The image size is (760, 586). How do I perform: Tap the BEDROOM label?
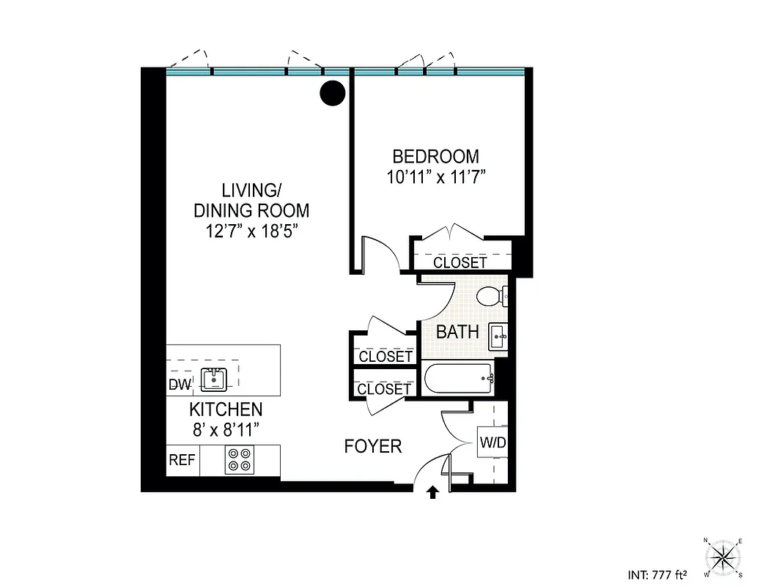(x=436, y=157)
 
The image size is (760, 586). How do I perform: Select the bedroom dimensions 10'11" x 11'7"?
(x=436, y=177)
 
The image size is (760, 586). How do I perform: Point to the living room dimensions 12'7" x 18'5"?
(x=251, y=231)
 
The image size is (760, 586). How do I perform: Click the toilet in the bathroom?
(x=490, y=297)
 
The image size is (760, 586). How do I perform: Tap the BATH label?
(x=457, y=332)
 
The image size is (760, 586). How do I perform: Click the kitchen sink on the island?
(x=215, y=379)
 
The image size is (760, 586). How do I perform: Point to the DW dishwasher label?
(x=180, y=385)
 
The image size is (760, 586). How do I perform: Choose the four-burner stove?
(x=237, y=459)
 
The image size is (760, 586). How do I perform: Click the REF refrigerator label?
(x=182, y=460)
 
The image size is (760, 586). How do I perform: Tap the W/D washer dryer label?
(x=493, y=443)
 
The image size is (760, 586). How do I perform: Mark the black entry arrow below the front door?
(x=432, y=492)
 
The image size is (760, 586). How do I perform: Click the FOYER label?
(x=373, y=446)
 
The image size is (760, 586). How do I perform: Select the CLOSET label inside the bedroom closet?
(x=460, y=262)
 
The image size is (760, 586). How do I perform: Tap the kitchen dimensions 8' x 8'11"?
(x=226, y=429)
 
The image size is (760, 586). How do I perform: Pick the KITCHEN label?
(x=226, y=409)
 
